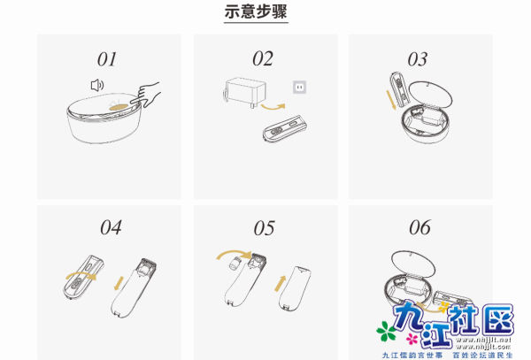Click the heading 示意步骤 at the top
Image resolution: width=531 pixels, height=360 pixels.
257,13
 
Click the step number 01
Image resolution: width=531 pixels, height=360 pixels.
107,59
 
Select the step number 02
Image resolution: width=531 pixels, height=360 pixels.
263,59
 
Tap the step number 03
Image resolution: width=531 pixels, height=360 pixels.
418,59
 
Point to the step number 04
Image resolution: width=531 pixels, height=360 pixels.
111,227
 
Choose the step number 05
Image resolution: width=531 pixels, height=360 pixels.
264,227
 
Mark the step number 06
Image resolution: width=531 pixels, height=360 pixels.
419,227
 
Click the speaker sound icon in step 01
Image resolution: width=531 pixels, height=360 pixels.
97,85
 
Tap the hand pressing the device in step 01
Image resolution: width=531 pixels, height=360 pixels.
151,94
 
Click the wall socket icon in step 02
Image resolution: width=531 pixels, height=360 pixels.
299,88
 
